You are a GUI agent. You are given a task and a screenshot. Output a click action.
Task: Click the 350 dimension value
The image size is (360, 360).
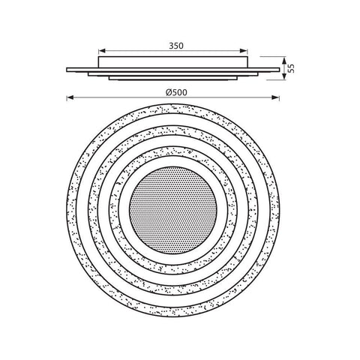pos(176,46)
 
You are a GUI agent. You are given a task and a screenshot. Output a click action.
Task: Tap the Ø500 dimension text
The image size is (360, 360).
pos(176,93)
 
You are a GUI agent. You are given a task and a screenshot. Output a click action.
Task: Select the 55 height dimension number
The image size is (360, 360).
pos(291,68)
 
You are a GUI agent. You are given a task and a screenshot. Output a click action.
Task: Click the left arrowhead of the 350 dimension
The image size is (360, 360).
pos(102,51)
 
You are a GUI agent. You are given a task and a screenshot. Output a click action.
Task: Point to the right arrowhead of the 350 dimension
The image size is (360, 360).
pos(244,51)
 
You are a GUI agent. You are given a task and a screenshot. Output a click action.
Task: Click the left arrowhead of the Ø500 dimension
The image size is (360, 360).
pos(70,97)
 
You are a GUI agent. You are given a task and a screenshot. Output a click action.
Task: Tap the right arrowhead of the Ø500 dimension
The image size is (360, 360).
pos(276,97)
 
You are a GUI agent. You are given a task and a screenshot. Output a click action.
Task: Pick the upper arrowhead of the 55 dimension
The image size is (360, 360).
pos(284,60)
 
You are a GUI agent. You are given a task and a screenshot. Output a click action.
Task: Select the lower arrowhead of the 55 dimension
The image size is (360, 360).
pos(284,76)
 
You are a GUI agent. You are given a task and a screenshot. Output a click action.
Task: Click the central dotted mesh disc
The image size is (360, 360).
pos(173,210)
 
